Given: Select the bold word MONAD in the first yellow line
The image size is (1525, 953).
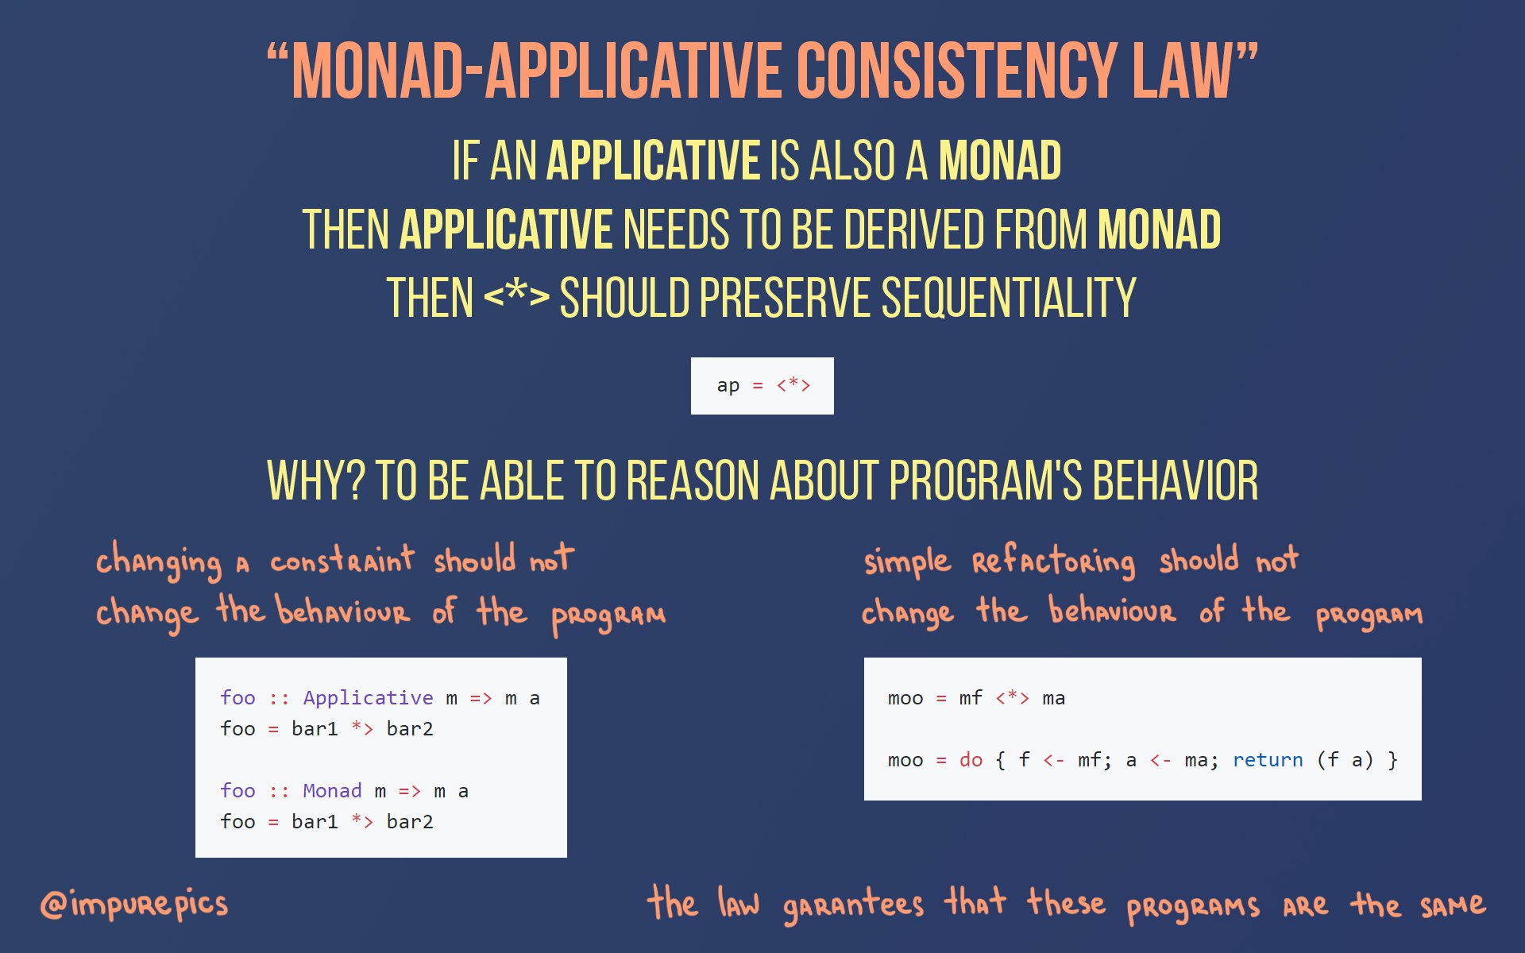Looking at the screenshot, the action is tap(1000, 160).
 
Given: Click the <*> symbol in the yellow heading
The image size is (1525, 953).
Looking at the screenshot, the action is tap(516, 296).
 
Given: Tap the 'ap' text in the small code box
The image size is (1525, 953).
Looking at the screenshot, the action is tap(728, 386).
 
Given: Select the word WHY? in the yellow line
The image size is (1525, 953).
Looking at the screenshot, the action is tap(316, 480).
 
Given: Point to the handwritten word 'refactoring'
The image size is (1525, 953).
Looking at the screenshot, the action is tap(1054, 561).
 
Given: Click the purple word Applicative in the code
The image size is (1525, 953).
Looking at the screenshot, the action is tap(369, 698).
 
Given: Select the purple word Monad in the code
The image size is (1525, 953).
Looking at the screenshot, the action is tap(332, 791).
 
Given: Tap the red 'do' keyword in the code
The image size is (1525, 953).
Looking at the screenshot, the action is tap(971, 760).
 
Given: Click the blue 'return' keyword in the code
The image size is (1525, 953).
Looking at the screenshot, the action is tap(1268, 760).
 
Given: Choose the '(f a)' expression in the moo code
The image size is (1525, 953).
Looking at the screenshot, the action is tap(1345, 760).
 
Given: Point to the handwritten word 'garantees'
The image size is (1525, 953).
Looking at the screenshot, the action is tap(853, 905).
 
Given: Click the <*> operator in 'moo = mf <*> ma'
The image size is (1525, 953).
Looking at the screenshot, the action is tap(1013, 698).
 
